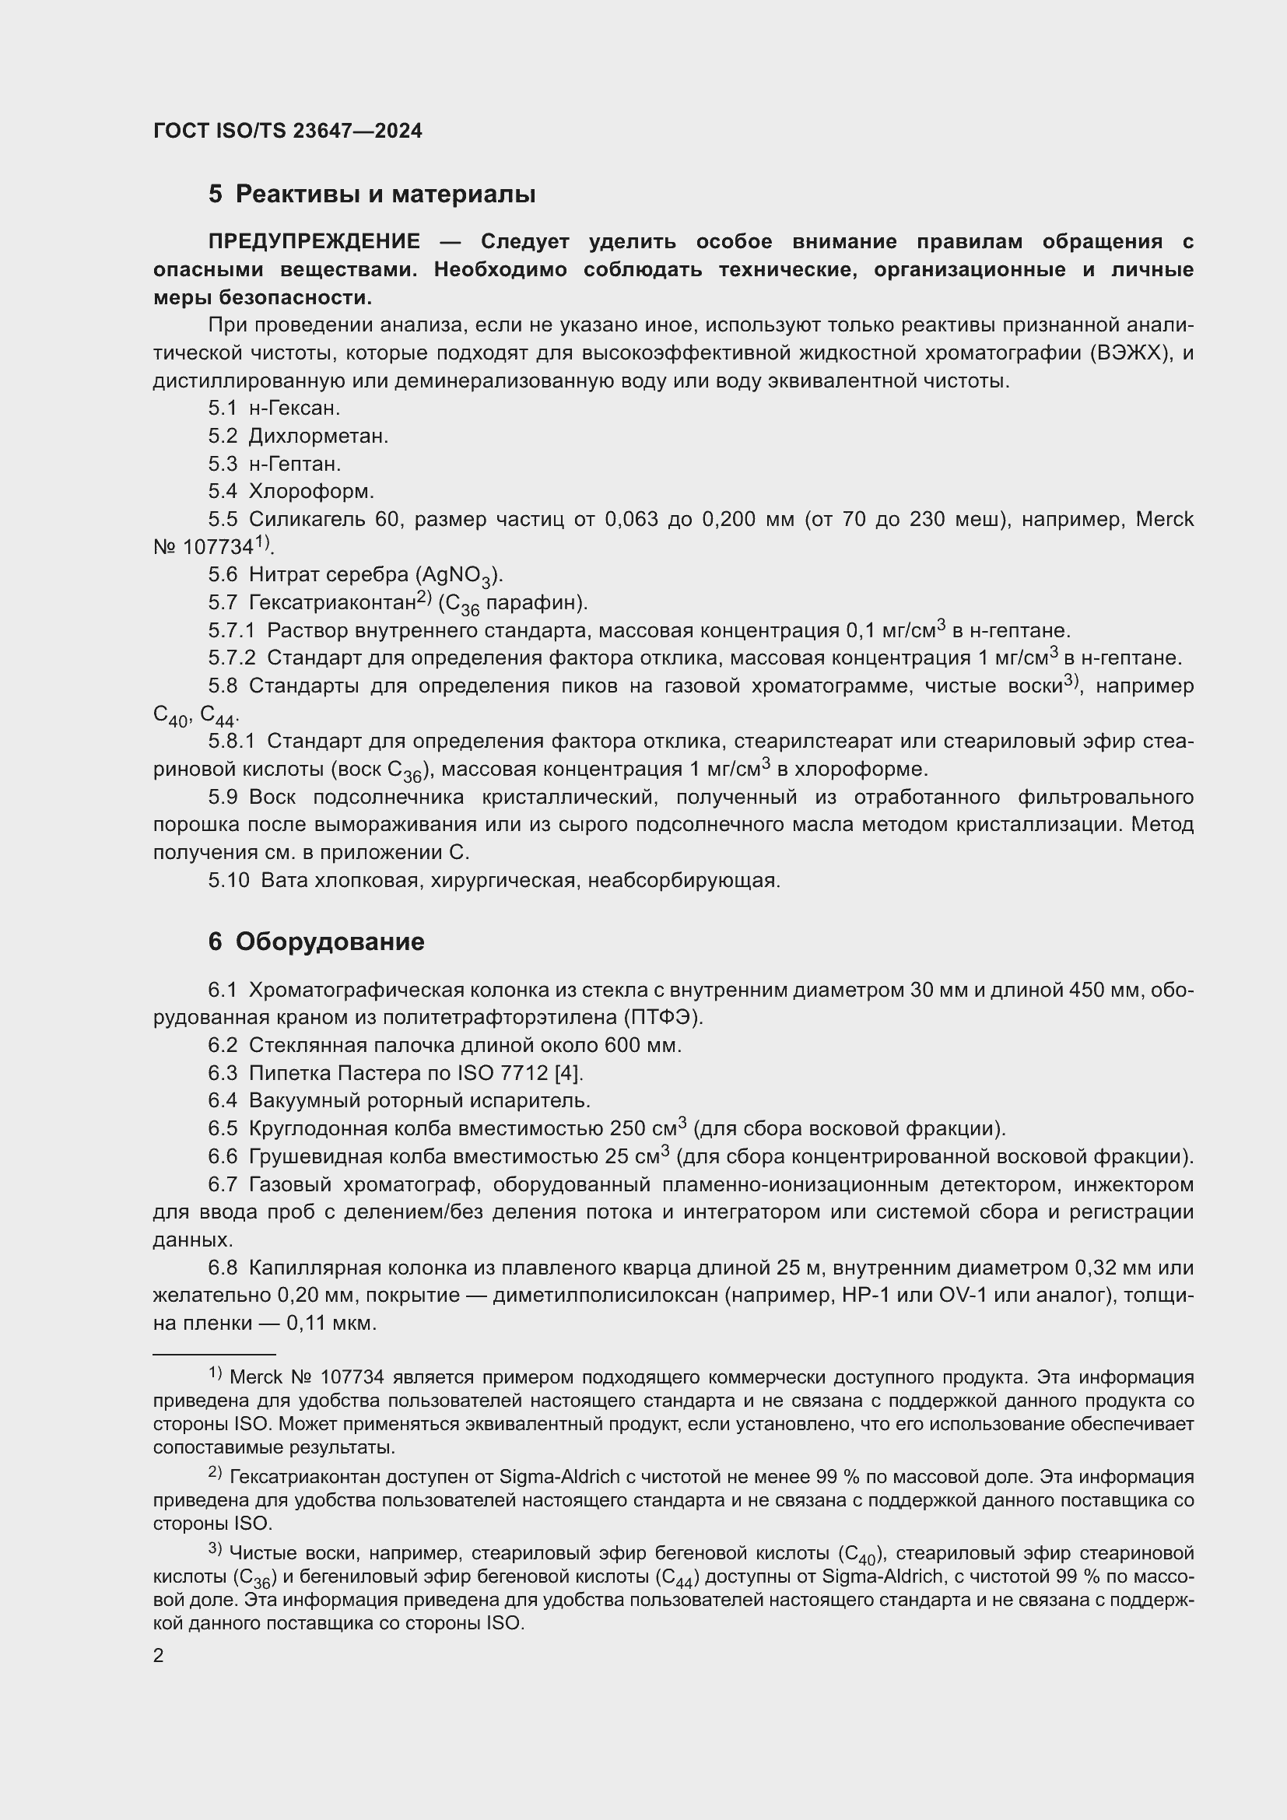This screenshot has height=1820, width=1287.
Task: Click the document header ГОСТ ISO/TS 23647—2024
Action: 288,131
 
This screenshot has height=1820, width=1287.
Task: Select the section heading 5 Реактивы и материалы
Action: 372,195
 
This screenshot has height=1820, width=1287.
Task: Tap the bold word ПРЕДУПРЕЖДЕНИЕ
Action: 314,242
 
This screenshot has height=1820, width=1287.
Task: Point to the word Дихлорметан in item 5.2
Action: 317,436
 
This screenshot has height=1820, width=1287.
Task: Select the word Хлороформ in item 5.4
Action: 310,492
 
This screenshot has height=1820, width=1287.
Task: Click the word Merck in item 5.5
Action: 1164,519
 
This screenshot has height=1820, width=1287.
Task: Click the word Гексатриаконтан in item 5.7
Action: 332,603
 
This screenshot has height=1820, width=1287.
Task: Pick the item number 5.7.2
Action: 231,658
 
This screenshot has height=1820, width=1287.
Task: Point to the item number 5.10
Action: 228,880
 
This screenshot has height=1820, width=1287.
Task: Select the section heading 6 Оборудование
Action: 316,942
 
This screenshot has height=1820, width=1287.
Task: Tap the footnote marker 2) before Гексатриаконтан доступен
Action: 215,1472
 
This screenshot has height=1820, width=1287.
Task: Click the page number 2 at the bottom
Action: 159,1656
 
